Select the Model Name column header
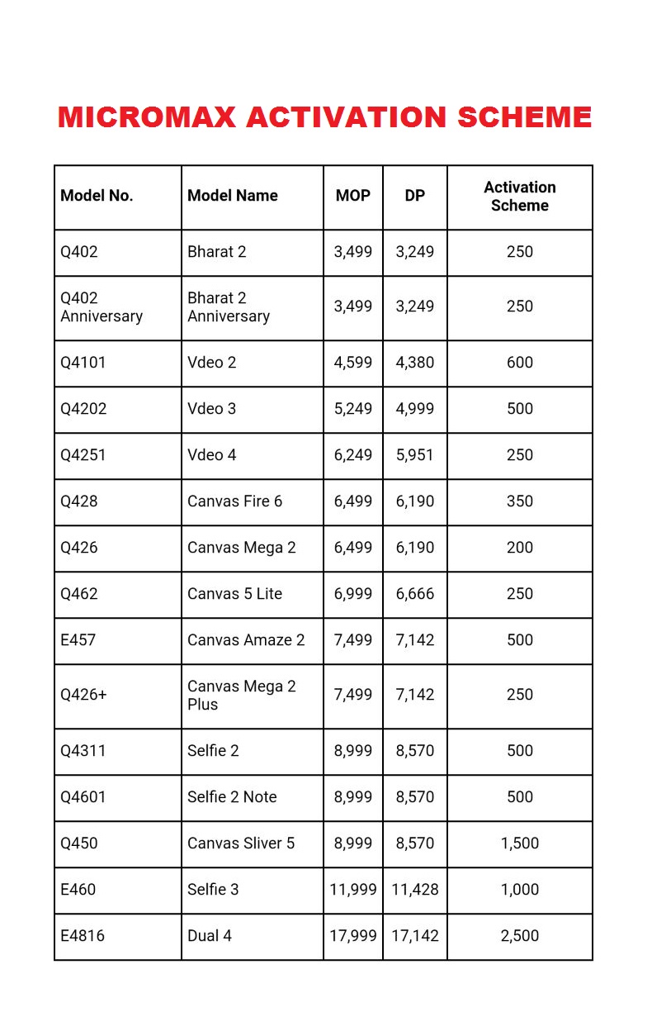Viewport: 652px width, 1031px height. point(232,196)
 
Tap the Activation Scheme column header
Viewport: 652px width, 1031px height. point(519,197)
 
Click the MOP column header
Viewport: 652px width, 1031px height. point(352,196)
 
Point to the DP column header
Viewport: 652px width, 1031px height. point(414,196)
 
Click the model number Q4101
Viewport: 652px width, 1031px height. point(83,363)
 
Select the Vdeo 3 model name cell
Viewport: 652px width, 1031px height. point(211,409)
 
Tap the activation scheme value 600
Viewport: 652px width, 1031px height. point(519,363)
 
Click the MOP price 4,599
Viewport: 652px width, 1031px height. point(352,363)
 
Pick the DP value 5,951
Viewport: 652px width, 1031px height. point(414,455)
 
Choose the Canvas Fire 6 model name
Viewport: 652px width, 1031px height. point(234,501)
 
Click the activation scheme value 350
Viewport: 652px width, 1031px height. point(519,501)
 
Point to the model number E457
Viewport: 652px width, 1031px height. point(78,640)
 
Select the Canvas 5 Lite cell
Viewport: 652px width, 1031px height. point(234,594)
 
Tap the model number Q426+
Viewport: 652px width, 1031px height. point(83,695)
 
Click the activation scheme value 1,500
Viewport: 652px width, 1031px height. point(519,843)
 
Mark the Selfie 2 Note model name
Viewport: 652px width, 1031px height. point(232,797)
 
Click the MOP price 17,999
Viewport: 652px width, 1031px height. point(352,936)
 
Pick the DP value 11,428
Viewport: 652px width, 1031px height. point(414,890)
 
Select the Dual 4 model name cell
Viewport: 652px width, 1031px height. point(210,936)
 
